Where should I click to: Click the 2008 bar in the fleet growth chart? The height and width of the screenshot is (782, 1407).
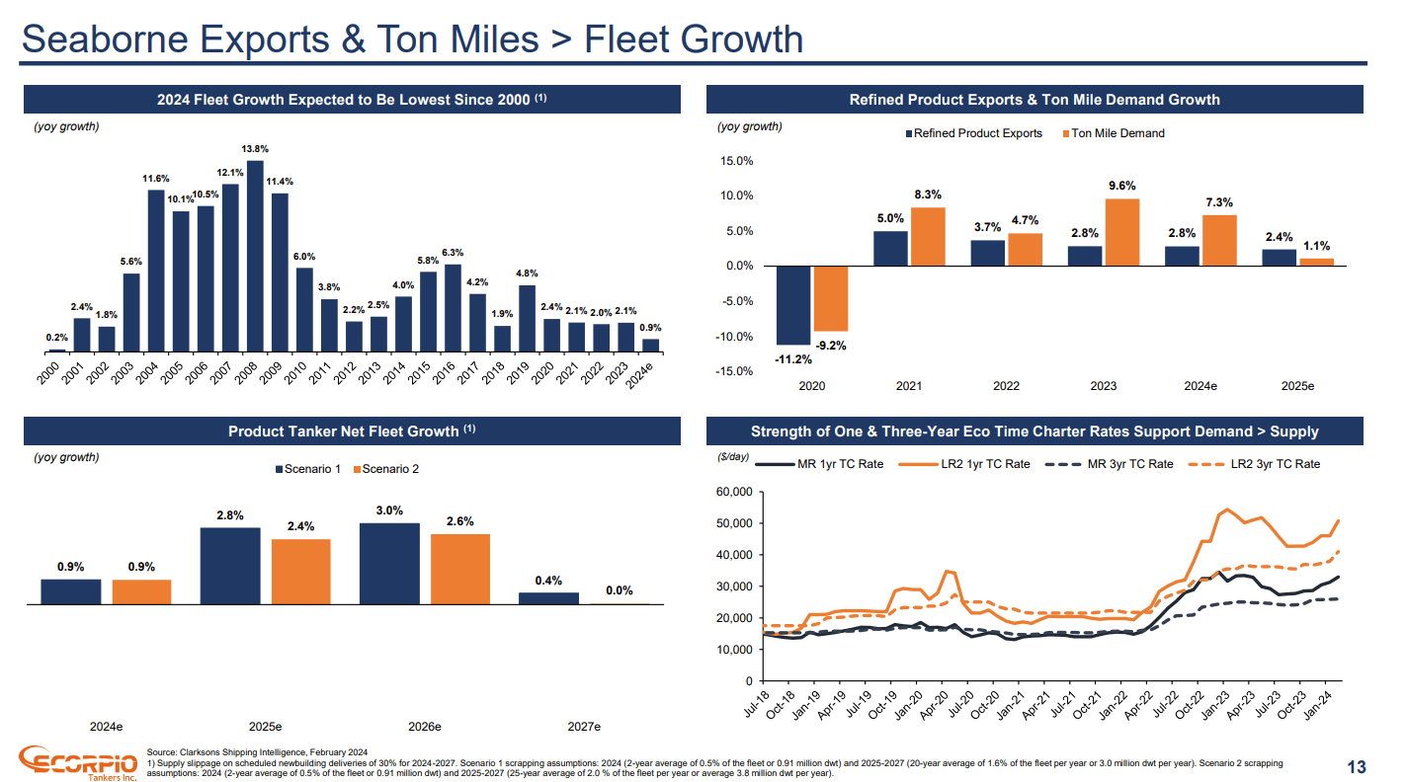(x=256, y=256)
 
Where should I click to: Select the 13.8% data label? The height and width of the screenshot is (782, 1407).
(x=256, y=149)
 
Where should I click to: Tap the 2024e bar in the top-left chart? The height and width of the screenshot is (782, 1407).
(x=650, y=346)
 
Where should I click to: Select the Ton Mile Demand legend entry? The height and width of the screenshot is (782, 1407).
(x=1113, y=133)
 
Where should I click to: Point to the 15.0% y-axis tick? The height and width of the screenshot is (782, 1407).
(x=739, y=161)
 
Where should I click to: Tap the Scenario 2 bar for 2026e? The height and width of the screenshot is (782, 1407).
(x=460, y=569)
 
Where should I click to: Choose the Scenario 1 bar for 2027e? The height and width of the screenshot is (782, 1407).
(x=549, y=598)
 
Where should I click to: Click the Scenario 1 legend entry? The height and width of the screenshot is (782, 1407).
(x=307, y=469)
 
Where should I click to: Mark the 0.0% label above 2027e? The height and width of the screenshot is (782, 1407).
(x=620, y=590)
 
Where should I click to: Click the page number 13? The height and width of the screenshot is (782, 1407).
(x=1357, y=767)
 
